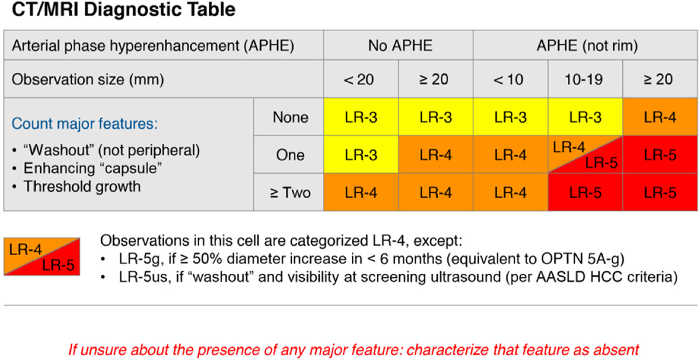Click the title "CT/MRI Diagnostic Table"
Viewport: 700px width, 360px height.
(x=123, y=9)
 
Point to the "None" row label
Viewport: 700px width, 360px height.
(x=291, y=118)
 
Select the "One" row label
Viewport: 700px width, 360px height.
(x=290, y=155)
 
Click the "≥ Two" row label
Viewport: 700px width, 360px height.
(x=291, y=192)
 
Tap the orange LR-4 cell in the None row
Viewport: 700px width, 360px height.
(x=660, y=117)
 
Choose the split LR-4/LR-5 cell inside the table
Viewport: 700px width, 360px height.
(x=585, y=155)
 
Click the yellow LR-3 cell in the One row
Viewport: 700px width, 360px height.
(x=361, y=155)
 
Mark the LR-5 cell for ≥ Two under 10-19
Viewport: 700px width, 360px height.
(x=585, y=192)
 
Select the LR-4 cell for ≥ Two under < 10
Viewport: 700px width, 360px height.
(x=511, y=192)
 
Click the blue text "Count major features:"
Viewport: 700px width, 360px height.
(x=84, y=123)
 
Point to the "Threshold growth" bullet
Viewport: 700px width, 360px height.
(x=82, y=186)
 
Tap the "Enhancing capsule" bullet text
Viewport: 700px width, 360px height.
(x=93, y=168)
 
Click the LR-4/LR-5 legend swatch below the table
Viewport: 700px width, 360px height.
(x=42, y=256)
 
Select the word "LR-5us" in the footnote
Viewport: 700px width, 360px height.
(x=143, y=277)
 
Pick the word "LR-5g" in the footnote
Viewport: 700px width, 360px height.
(x=139, y=259)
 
